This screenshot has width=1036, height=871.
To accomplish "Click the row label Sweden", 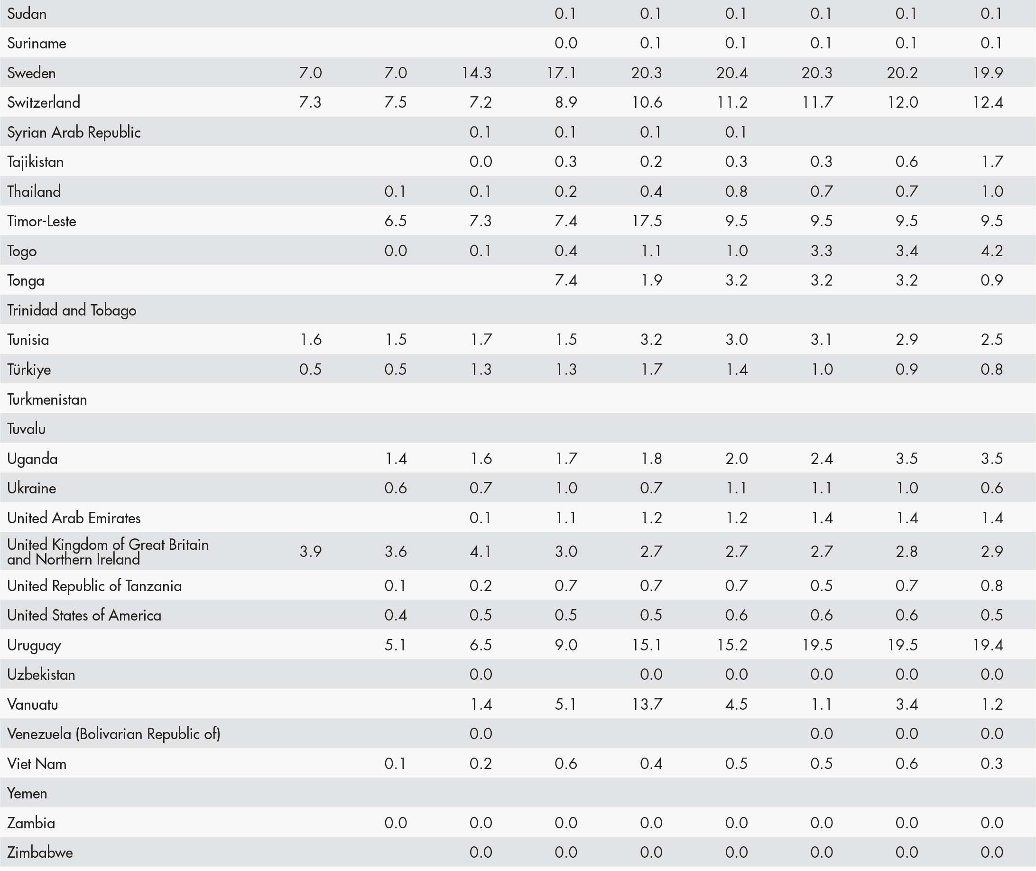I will [x=31, y=73].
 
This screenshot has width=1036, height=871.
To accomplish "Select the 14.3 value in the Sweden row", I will [x=477, y=73].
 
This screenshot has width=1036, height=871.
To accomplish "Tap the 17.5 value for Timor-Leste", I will [x=647, y=221].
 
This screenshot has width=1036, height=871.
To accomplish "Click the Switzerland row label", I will [x=44, y=102].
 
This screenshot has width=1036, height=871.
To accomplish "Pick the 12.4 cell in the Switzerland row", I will [x=988, y=102].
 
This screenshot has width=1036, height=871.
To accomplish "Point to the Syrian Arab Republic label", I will [x=74, y=132].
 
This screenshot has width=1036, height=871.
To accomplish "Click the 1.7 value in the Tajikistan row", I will [x=991, y=162].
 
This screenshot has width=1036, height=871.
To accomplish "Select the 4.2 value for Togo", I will [x=991, y=251].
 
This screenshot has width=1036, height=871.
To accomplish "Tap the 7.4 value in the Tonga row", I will [x=566, y=280].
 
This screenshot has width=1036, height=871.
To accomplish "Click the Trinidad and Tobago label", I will [x=72, y=310].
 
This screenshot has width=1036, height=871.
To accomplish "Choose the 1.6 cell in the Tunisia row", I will [x=311, y=340].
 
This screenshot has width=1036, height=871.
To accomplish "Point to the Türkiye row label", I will [x=29, y=370].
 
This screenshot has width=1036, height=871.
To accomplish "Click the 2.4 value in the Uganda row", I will [x=822, y=458].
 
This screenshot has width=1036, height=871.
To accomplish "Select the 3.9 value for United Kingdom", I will [x=311, y=551].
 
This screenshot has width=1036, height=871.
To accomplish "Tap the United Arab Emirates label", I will [x=74, y=518].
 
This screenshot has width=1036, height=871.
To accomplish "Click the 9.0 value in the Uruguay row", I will [x=566, y=645].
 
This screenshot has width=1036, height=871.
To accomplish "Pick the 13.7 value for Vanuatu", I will [x=647, y=704].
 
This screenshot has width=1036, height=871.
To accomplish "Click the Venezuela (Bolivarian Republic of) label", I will [x=113, y=734].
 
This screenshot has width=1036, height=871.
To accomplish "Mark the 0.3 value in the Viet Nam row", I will [x=991, y=763].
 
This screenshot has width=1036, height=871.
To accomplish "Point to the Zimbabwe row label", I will [x=40, y=852].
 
